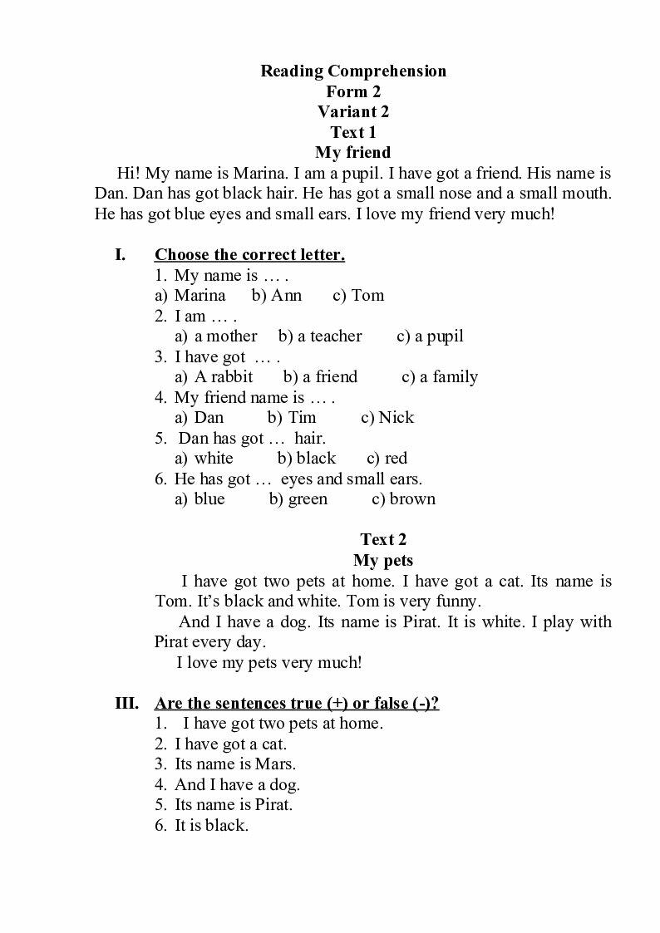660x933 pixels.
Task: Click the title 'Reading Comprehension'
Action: [353, 71]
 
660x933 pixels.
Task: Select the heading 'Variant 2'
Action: [353, 111]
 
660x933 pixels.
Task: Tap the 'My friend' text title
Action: [353, 153]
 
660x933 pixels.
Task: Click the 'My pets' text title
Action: [383, 560]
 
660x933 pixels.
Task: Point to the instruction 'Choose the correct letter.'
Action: [249, 255]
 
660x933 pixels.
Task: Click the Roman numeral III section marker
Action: [126, 704]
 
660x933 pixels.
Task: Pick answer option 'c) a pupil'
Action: [430, 336]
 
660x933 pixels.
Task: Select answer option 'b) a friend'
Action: [320, 377]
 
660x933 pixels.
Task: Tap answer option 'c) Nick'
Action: [387, 418]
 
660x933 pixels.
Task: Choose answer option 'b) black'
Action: [307, 459]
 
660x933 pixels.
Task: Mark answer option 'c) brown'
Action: [403, 499]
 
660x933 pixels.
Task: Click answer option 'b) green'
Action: [298, 499]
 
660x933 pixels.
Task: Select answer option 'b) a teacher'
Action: [320, 336]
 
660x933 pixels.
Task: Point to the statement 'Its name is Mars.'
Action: [235, 764]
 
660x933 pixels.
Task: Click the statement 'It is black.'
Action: [211, 826]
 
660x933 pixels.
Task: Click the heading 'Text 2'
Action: [383, 540]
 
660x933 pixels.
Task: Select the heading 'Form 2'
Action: [353, 91]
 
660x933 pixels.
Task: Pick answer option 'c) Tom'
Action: [358, 296]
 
